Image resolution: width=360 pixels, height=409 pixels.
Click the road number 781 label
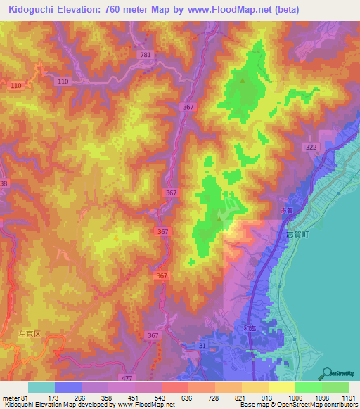tap(145, 55)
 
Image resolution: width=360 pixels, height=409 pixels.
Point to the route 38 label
tap(4, 183)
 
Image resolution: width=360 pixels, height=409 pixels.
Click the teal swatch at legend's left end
tap(41, 387)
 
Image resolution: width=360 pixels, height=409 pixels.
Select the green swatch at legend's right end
tap(335, 387)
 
